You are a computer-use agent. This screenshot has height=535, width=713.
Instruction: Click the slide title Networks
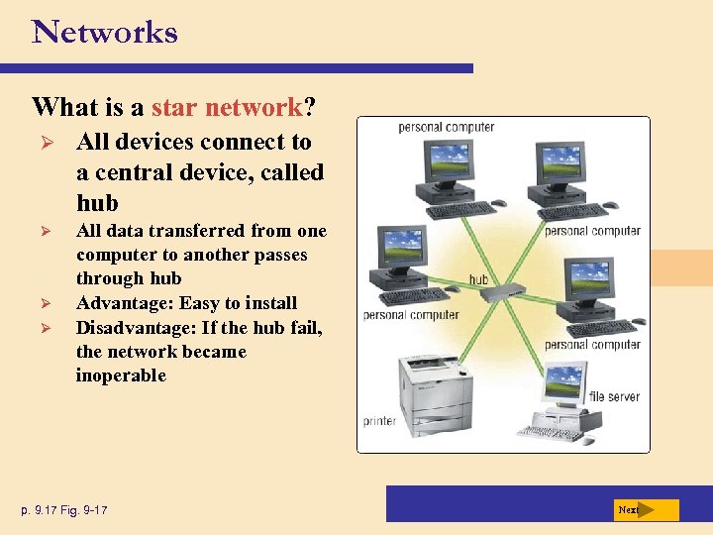click(105, 32)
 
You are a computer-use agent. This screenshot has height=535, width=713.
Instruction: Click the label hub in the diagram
click(478, 279)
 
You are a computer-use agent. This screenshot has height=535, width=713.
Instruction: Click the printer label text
click(380, 421)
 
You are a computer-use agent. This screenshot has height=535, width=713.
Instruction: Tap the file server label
click(614, 396)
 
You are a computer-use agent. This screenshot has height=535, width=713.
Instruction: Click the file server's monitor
click(563, 380)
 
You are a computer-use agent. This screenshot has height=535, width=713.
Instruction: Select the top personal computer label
click(446, 127)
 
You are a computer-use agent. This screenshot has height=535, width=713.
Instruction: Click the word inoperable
click(121, 375)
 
